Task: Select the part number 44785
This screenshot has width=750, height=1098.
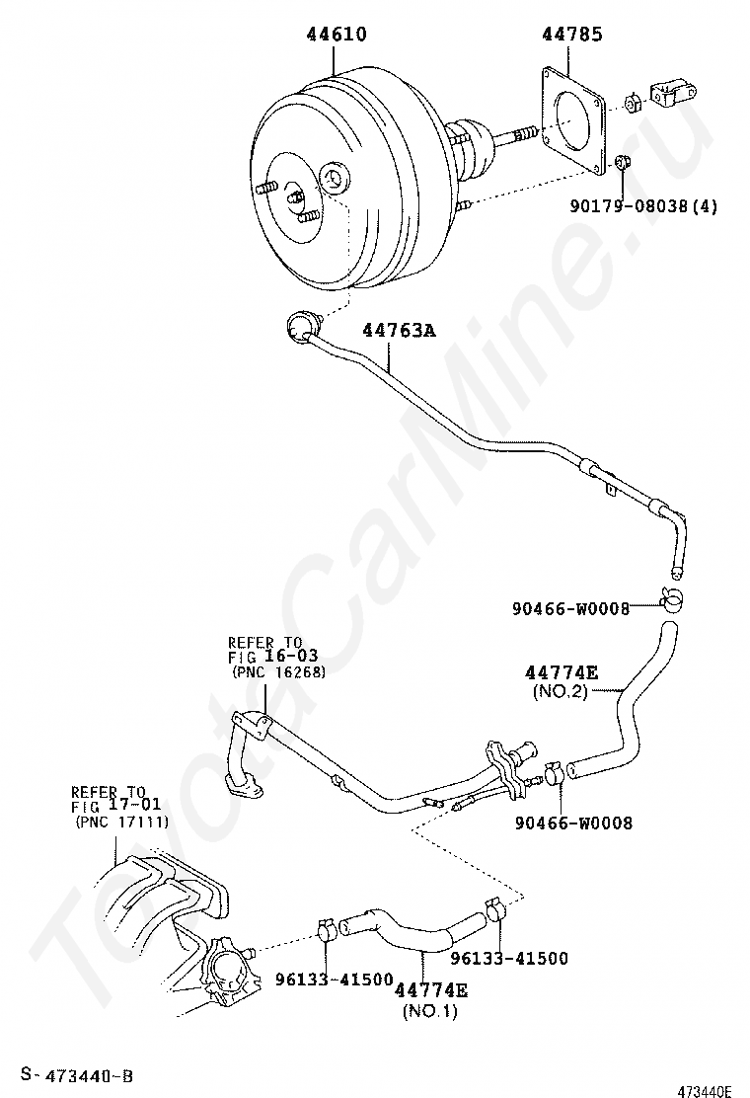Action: click(x=571, y=35)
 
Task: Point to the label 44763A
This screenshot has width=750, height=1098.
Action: click(x=399, y=331)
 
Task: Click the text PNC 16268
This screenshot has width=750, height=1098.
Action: click(x=279, y=671)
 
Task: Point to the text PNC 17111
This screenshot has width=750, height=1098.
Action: click(x=120, y=822)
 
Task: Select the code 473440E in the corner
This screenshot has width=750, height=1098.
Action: click(x=704, y=1090)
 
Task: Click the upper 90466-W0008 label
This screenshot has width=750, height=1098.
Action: click(x=570, y=608)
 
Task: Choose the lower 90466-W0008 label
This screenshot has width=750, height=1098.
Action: click(x=574, y=822)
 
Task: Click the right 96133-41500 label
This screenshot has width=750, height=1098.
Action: click(x=509, y=957)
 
